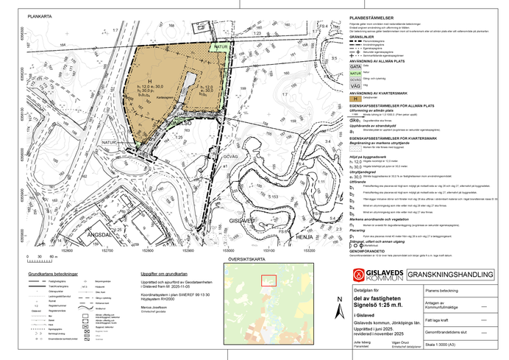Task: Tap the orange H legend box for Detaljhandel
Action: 355,97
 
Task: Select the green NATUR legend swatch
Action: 355,74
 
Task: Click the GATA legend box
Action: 355,66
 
